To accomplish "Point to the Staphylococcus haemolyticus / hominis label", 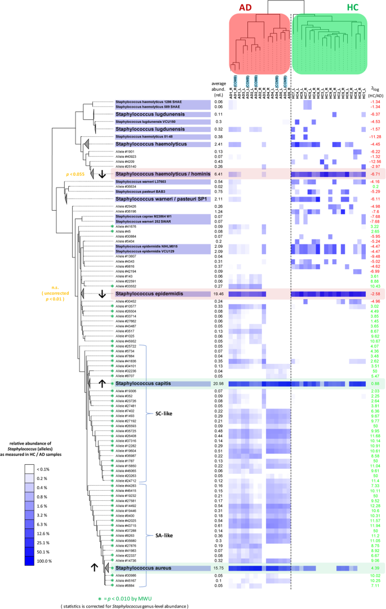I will pos(159,174).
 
